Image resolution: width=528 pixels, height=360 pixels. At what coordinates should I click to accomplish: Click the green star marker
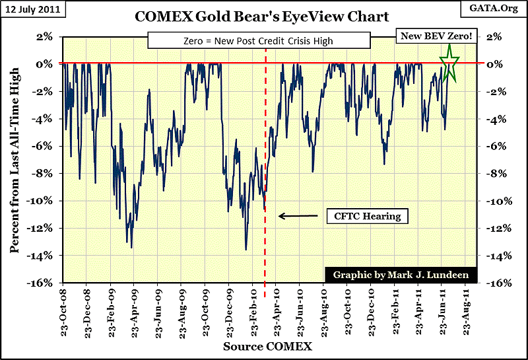point(449,63)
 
